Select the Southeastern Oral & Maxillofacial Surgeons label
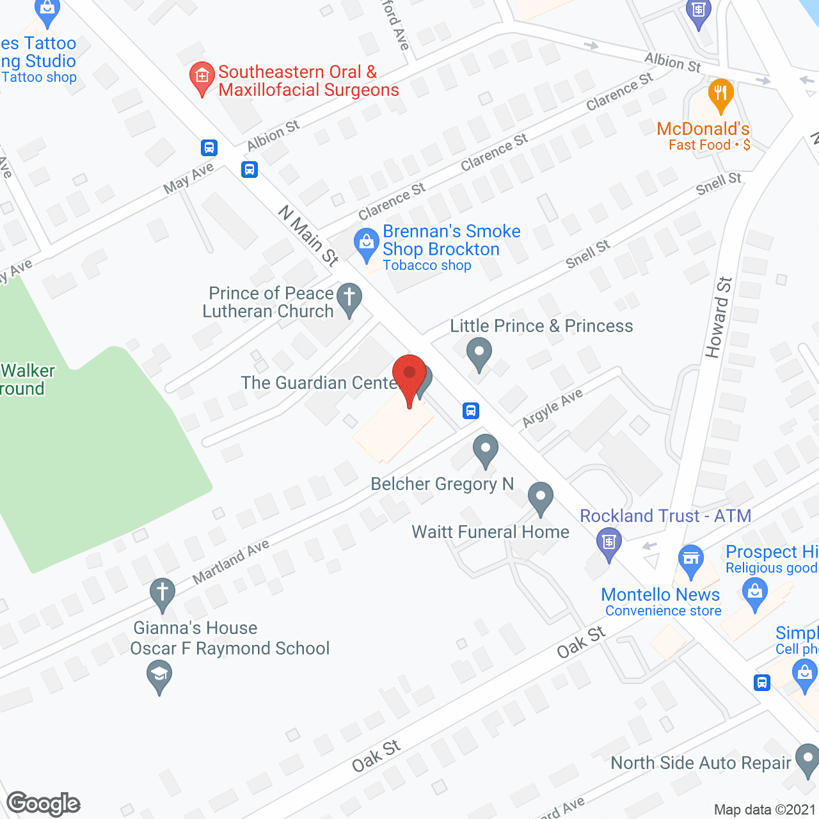308,81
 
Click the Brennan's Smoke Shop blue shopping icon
367,244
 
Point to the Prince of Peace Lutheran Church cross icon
349,299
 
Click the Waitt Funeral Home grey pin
541,497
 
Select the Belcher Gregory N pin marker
486,449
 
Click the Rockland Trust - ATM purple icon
608,543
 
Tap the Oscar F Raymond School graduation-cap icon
159,675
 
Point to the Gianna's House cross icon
163,593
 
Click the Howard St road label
718,317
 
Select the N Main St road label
308,235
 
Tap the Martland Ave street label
231,561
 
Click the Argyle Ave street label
552,408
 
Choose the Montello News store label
660,595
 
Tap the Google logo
44,804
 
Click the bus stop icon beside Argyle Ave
471,410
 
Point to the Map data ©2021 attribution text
765,809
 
